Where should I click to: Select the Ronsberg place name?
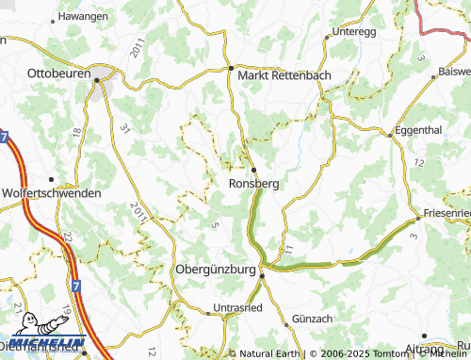(253, 184)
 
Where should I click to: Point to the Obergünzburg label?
(216, 270)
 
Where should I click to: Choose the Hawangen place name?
(82, 17)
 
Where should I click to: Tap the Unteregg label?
(353, 31)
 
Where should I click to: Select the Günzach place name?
(314, 319)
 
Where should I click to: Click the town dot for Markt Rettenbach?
(231, 68)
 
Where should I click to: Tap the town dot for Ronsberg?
(252, 170)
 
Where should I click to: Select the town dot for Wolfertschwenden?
(49, 179)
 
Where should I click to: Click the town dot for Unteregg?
(327, 37)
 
